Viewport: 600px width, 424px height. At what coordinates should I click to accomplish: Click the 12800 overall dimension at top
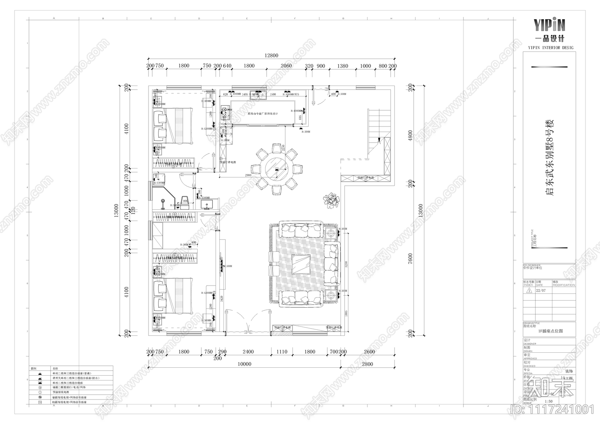[x=271, y=56]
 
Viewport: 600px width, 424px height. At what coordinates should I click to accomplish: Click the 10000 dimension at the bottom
[x=244, y=364]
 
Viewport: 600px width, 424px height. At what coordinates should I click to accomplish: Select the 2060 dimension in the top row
[x=286, y=66]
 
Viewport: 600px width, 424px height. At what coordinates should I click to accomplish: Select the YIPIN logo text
[x=549, y=25]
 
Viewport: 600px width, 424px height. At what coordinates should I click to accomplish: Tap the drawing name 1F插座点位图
[x=550, y=331]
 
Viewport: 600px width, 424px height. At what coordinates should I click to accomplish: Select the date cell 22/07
[x=541, y=290]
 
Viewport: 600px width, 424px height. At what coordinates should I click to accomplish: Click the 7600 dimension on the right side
[x=410, y=259]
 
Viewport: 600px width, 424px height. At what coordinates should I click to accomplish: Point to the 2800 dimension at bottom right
[x=367, y=364]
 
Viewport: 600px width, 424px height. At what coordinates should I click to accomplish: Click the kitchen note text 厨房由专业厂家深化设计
[x=262, y=114]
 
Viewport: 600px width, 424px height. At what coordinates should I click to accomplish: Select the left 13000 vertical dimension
[x=117, y=210]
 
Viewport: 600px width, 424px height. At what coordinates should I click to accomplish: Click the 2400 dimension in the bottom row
[x=248, y=352]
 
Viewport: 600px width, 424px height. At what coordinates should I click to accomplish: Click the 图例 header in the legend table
[x=33, y=369]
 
